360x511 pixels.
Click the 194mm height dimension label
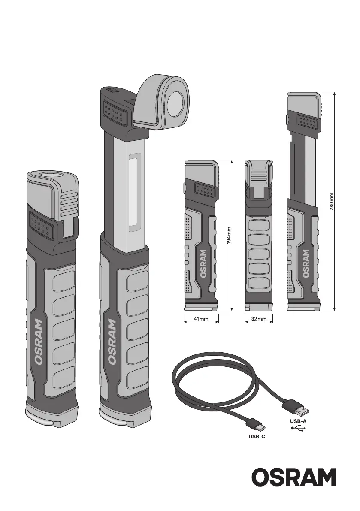click(x=229, y=235)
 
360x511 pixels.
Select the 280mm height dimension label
click(x=331, y=201)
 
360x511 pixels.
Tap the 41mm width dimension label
click(x=201, y=319)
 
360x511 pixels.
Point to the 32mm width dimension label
click(x=259, y=319)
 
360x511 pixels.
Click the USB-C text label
click(x=257, y=436)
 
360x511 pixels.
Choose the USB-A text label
click(x=298, y=421)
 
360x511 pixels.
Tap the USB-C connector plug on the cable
click(x=256, y=425)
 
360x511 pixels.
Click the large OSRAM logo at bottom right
click(x=293, y=477)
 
